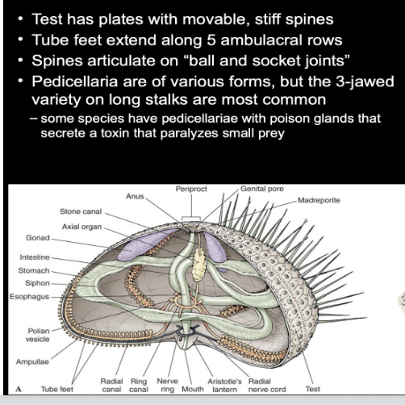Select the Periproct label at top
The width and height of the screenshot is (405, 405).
click(x=191, y=188)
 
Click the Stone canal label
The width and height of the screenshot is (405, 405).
click(x=80, y=211)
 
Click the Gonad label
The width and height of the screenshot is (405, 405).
click(x=37, y=240)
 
